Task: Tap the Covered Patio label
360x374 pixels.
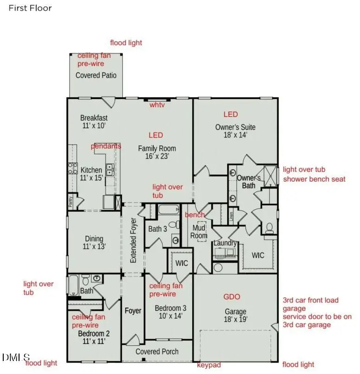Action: click(x=96, y=75)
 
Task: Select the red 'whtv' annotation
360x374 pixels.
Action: click(x=157, y=105)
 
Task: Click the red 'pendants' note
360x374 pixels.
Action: click(x=106, y=146)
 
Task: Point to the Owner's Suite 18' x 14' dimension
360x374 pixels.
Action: click(x=235, y=135)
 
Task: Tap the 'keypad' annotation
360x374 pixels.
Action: click(x=209, y=365)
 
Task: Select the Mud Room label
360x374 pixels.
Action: click(x=199, y=232)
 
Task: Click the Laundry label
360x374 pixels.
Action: click(x=225, y=243)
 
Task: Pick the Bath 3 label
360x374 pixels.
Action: click(x=157, y=229)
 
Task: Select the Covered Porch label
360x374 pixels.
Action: click(x=157, y=352)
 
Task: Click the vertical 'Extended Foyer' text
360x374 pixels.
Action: click(x=133, y=240)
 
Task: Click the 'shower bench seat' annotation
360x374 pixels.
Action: click(x=314, y=179)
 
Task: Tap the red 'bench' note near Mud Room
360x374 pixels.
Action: click(x=195, y=215)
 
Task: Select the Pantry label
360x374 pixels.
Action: click(x=71, y=201)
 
